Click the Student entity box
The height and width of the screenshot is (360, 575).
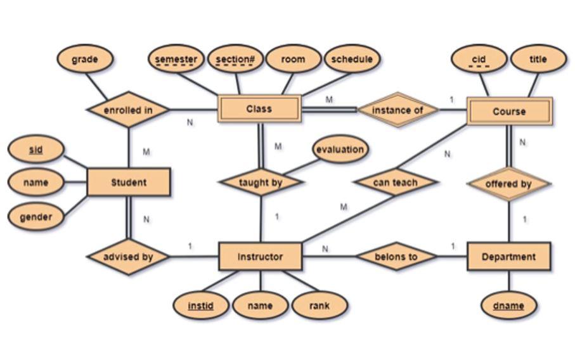[128, 183]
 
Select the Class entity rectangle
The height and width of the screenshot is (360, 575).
[259, 109]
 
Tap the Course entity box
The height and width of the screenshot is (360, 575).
[509, 111]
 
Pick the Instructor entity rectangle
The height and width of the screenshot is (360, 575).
[260, 257]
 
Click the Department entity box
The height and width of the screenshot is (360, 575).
[508, 257]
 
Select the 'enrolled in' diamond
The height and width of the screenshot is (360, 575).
[128, 110]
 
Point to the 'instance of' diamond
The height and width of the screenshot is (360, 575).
[397, 110]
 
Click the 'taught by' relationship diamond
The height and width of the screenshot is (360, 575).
[261, 183]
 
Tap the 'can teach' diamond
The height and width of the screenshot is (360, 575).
[396, 183]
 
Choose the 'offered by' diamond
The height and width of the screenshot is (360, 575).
[508, 184]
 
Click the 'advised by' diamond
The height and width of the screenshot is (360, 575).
[128, 257]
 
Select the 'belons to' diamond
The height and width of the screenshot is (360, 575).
[396, 257]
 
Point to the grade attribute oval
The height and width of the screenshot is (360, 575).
[85, 60]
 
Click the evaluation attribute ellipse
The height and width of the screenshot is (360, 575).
[340, 150]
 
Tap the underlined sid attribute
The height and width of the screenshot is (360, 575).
[36, 150]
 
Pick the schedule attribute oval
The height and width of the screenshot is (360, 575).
[352, 59]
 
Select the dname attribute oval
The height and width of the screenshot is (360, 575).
[508, 305]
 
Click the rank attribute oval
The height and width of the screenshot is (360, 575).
[320, 305]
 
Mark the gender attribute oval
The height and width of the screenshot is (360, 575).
[36, 217]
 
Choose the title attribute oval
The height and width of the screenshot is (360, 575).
[538, 59]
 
